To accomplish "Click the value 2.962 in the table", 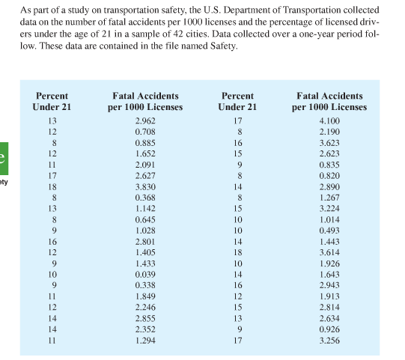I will pyautogui.click(x=145, y=120).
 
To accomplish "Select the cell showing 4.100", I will pyautogui.click(x=329, y=120).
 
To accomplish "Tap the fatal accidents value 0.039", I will pyautogui.click(x=145, y=275).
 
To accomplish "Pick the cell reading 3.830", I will pyautogui.click(x=145, y=187).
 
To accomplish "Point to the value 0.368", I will pyautogui.click(x=145, y=198).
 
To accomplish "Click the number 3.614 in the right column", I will pyautogui.click(x=329, y=254).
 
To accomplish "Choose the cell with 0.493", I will pyautogui.click(x=329, y=231).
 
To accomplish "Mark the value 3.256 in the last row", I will pyautogui.click(x=329, y=342).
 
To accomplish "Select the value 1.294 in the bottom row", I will pyautogui.click(x=145, y=342).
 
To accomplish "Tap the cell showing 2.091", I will pyautogui.click(x=145, y=165).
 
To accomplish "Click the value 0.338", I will pyautogui.click(x=145, y=287).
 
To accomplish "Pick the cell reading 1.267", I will pyautogui.click(x=329, y=198).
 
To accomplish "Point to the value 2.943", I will pyautogui.click(x=329, y=287).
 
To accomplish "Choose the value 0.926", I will pyautogui.click(x=329, y=331).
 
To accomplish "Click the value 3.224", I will pyautogui.click(x=329, y=209).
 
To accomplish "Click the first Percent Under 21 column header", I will pyautogui.click(x=52, y=102).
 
